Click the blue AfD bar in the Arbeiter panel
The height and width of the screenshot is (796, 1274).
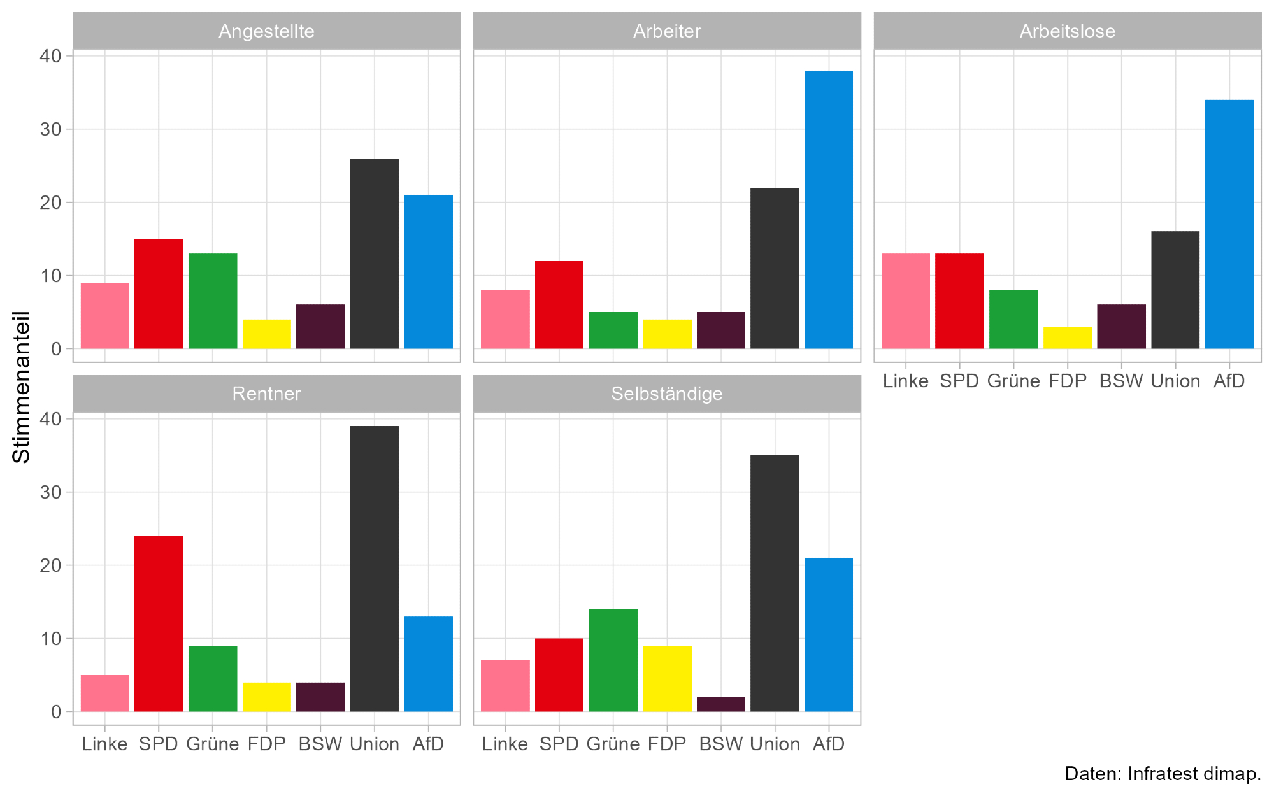pos(828,210)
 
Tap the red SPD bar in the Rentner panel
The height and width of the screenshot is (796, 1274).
pos(159,624)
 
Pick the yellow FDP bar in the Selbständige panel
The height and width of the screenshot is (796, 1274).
pos(667,679)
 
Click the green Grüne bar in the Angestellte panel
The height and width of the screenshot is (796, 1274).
pos(213,301)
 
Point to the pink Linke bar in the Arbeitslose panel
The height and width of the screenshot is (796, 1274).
pos(905,301)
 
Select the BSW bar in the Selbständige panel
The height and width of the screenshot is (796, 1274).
pos(720,704)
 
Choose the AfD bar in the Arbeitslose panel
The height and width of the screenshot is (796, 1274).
pos(1229,224)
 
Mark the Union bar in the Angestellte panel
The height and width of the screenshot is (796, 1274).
pos(375,253)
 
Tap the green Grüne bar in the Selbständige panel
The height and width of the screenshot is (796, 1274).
pos(613,660)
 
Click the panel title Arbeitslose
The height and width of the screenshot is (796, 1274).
pos(1067,31)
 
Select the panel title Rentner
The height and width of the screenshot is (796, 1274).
pos(266,394)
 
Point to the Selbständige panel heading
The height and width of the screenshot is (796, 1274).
pos(667,394)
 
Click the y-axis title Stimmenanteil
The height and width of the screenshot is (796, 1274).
pos(22,387)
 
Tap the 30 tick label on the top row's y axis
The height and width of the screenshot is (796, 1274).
pos(50,129)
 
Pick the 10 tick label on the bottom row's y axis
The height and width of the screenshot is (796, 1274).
pos(50,639)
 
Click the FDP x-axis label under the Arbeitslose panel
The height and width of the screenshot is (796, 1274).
pos(1067,381)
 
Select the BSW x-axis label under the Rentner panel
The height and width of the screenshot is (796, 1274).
pos(320,744)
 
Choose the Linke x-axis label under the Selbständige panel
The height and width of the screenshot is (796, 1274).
pos(505,744)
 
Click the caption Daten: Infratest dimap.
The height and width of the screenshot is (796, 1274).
pos(1163,774)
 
